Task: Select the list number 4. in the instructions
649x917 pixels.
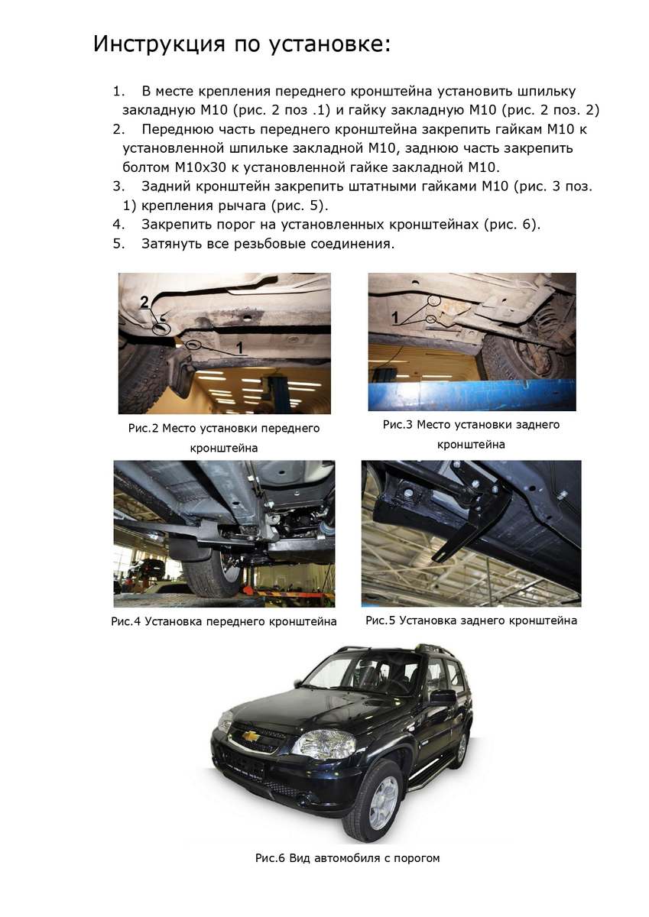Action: click(118, 225)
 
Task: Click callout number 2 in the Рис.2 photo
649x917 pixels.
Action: click(144, 303)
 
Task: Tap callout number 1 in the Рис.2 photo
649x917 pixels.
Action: click(239, 348)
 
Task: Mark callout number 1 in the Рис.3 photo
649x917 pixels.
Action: click(395, 315)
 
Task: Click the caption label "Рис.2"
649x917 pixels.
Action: click(143, 429)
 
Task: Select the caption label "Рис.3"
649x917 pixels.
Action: click(398, 424)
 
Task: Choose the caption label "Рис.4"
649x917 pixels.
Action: click(126, 621)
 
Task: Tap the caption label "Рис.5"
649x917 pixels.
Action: click(381, 621)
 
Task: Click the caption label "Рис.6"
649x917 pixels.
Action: click(270, 858)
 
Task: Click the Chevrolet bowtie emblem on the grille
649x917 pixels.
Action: click(250, 736)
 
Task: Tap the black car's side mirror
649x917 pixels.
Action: click(443, 696)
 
